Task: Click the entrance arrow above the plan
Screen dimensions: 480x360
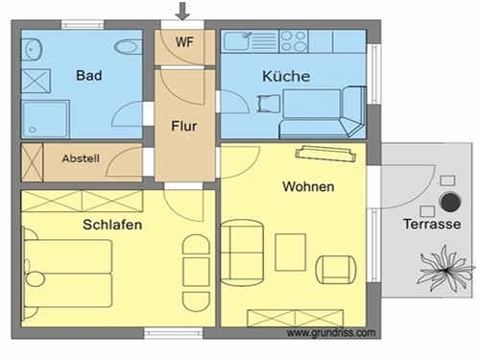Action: [182, 11]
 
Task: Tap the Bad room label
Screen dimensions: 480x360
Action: [89, 76]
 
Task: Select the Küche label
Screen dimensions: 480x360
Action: [286, 76]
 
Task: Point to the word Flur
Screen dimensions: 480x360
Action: [184, 126]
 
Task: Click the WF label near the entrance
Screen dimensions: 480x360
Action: [184, 42]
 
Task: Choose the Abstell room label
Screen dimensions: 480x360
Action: [81, 158]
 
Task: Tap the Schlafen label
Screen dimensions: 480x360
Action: [112, 225]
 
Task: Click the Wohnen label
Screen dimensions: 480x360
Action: [308, 186]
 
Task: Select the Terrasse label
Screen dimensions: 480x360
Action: [432, 224]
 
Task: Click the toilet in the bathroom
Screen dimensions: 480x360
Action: [128, 48]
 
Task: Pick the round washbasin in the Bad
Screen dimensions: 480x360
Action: [32, 49]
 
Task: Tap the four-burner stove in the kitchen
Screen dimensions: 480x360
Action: [294, 41]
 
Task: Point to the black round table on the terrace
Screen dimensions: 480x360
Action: [450, 202]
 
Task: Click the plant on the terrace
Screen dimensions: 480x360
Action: [446, 269]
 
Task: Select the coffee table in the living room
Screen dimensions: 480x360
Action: [291, 252]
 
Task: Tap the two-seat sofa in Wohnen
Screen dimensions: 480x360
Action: [242, 252]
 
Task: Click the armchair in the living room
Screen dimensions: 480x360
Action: [336, 270]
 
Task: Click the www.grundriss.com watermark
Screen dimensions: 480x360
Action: [331, 333]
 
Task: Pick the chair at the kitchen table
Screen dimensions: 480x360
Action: [268, 104]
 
